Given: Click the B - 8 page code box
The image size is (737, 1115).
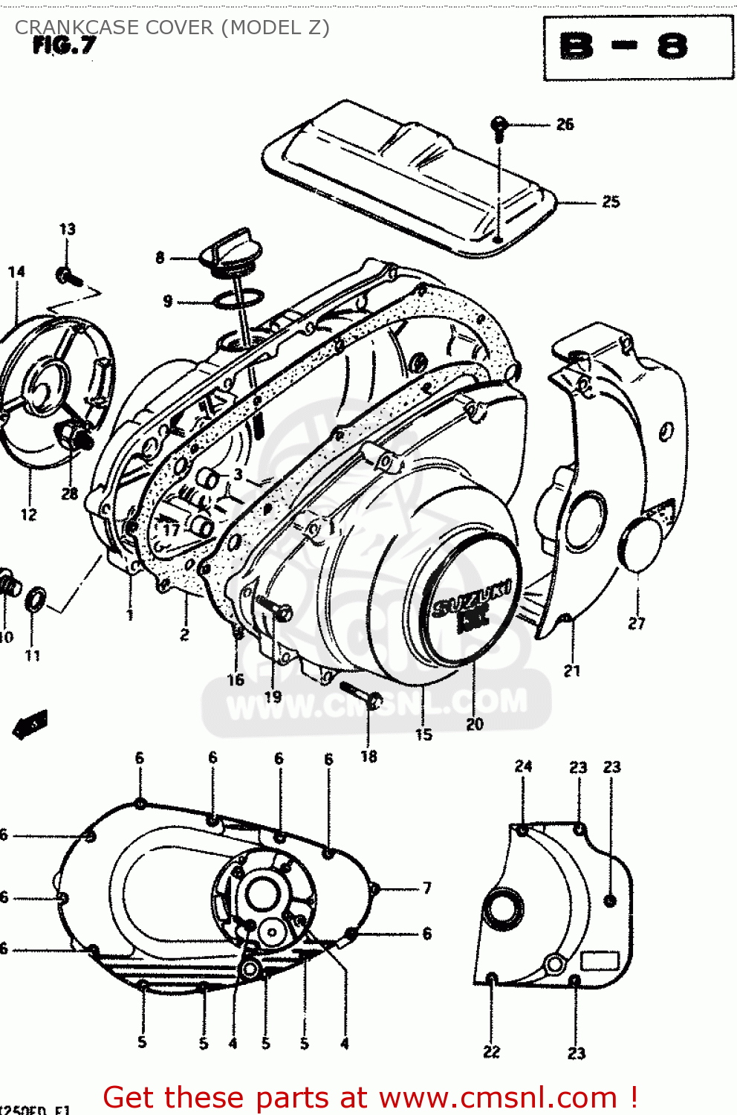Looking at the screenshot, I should coord(637,48).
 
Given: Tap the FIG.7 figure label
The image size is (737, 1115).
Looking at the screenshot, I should coord(65,46).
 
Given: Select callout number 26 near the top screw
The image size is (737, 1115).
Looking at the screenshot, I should coord(565,124).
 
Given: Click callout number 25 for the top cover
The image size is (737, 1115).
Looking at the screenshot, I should coord(610,201).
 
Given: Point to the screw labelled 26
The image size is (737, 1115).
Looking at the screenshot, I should coord(500,128).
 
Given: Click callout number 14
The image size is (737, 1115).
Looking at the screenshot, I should coord(16,272).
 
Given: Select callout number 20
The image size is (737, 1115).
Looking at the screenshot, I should coord(474,723).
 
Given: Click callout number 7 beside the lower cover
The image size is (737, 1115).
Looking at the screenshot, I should coord(427,888).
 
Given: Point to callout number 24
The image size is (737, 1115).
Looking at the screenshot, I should coord(523,766).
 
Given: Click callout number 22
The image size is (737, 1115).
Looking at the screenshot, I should coord(492,1051).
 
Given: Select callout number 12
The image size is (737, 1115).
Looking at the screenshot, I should coord(28,514).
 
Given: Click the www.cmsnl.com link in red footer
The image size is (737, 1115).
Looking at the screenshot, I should coord(499,1097).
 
